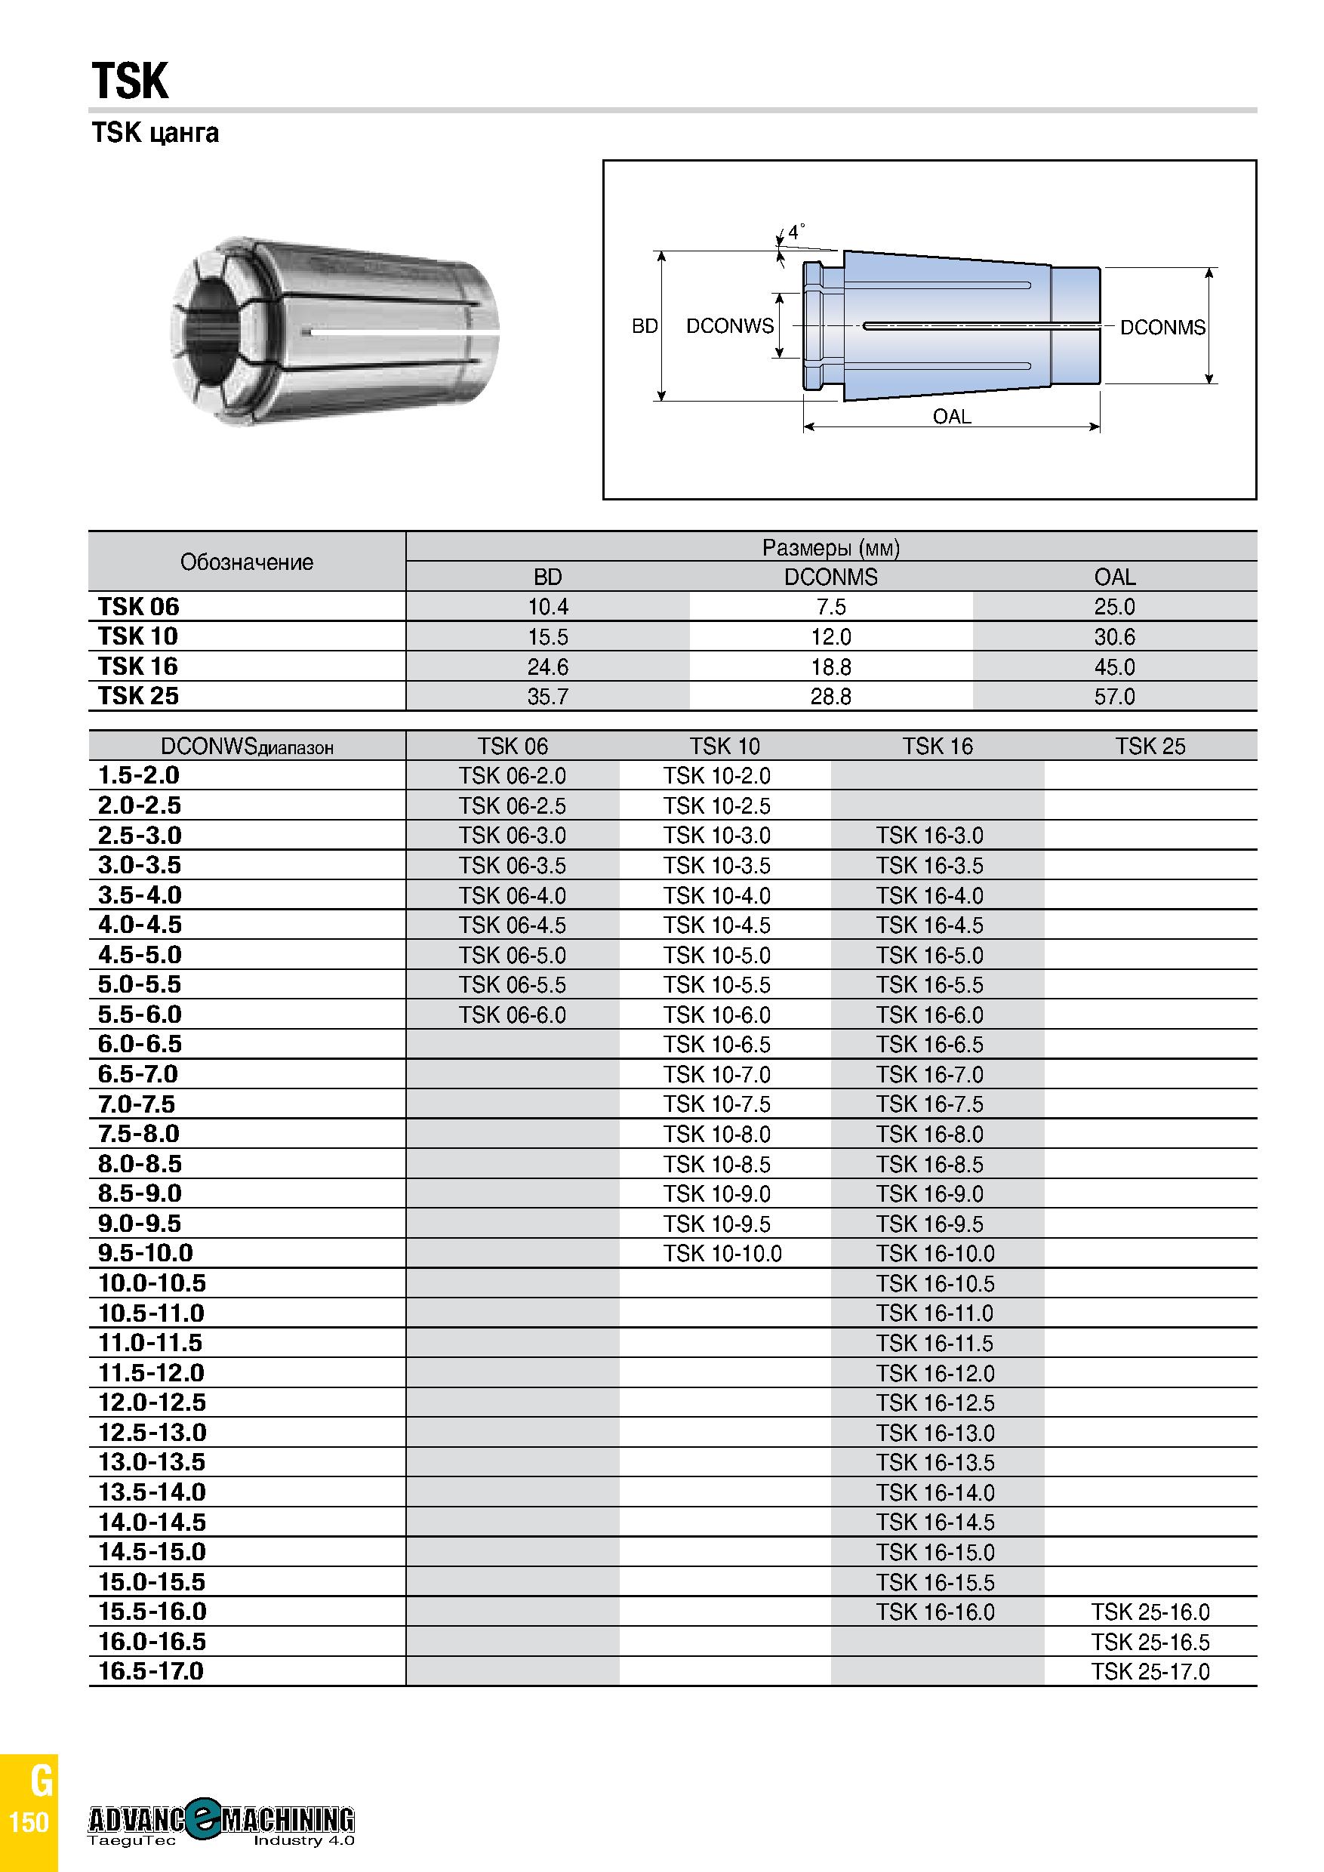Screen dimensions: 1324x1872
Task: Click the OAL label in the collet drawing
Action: click(x=951, y=417)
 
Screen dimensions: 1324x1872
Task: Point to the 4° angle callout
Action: click(x=796, y=232)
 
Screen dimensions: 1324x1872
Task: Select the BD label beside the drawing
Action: click(x=645, y=327)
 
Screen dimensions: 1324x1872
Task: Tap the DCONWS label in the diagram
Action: click(x=730, y=326)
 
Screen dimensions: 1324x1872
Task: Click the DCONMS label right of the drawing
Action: click(x=1162, y=328)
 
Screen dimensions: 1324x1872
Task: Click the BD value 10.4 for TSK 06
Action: click(x=548, y=608)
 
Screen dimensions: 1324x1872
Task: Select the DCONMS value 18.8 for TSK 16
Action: click(x=831, y=667)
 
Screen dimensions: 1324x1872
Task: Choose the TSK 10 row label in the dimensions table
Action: click(x=138, y=637)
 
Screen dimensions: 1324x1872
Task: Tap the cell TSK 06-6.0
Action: click(x=512, y=1015)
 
